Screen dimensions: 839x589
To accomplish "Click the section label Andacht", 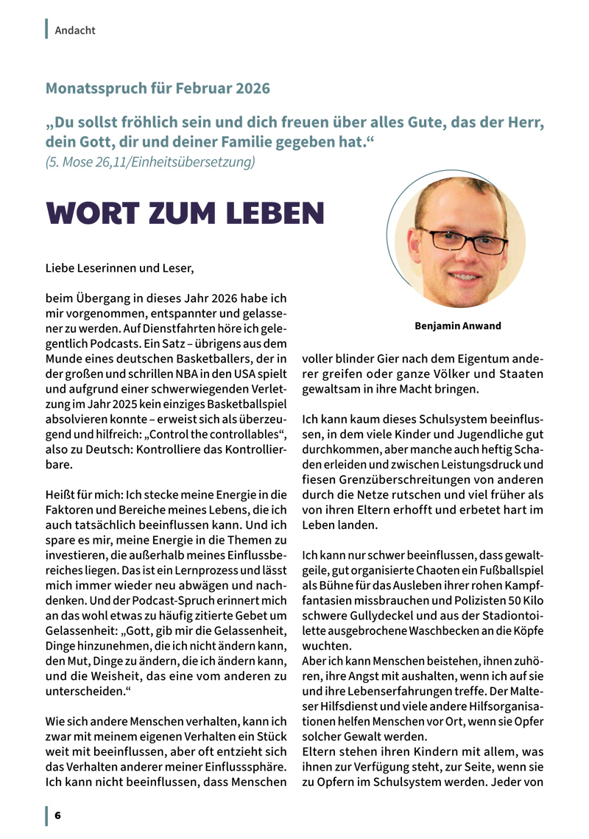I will [x=75, y=30].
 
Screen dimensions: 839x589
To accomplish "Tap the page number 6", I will [x=57, y=815].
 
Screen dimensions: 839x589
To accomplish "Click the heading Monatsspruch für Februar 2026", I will [x=158, y=89].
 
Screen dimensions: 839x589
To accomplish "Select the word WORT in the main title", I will [x=93, y=213].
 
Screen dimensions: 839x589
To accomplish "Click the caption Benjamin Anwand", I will [x=458, y=325].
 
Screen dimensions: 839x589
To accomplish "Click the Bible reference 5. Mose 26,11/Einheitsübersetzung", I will [x=150, y=161].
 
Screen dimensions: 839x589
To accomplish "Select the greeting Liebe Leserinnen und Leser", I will [x=120, y=267].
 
